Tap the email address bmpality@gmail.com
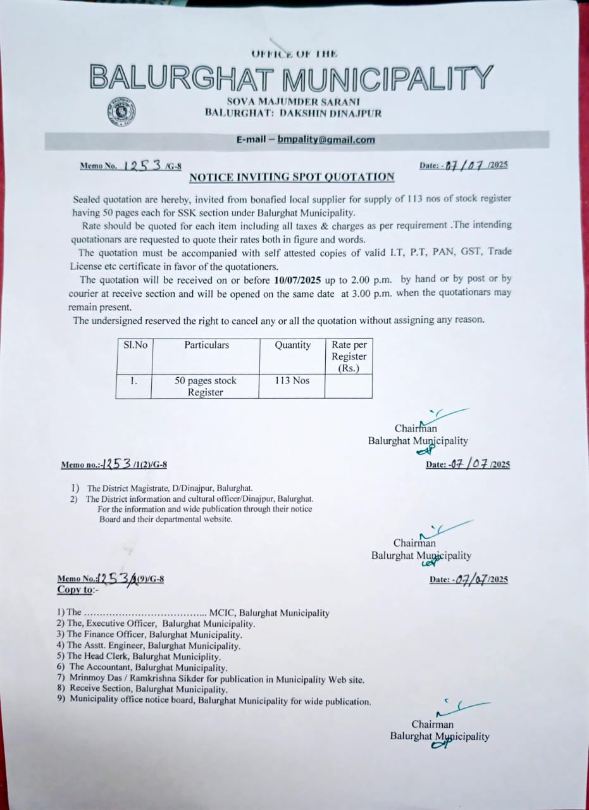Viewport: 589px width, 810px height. tap(326, 140)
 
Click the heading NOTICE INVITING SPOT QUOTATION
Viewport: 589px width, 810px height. tap(292, 177)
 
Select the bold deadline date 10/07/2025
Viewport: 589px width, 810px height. tap(301, 279)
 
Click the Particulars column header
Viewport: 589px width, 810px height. tap(206, 346)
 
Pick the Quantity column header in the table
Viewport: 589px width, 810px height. tap(292, 346)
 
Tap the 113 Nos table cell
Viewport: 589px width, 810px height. tap(292, 381)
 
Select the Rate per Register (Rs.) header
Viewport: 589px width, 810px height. tap(349, 356)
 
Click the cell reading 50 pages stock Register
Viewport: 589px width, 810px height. tap(206, 386)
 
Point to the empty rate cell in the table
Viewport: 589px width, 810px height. tap(349, 385)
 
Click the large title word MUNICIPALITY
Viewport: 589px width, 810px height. tap(387, 78)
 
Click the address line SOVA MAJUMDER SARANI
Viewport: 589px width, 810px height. tap(293, 102)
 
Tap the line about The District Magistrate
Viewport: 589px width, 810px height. tap(170, 489)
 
